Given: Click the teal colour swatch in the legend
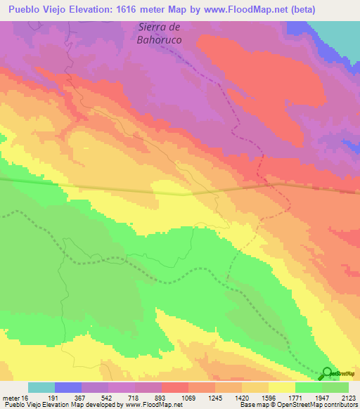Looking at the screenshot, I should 41,387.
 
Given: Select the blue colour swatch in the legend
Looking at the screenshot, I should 68,387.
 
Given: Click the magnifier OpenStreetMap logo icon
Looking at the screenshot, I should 327,372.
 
